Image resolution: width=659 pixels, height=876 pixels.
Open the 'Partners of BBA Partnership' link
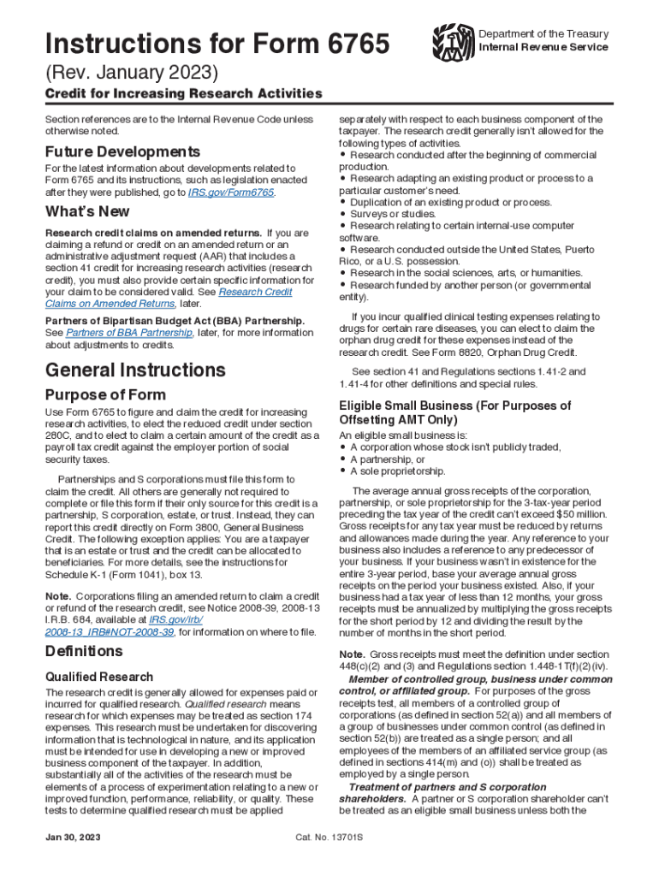pyautogui.click(x=128, y=333)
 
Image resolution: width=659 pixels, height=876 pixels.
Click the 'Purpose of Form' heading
pyautogui.click(x=105, y=395)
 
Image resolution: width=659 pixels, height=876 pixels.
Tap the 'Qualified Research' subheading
pyautogui.click(x=99, y=677)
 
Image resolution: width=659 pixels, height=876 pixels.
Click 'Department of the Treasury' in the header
pyautogui.click(x=544, y=33)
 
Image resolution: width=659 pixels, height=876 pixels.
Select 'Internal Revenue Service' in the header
pyautogui.click(x=543, y=47)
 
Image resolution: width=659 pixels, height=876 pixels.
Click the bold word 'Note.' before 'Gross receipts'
pyautogui.click(x=355, y=653)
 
